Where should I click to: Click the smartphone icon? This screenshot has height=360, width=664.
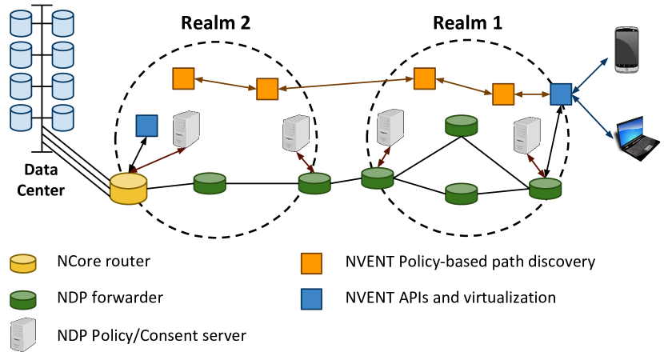tap(626, 50)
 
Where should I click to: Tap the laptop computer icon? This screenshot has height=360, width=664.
tap(635, 138)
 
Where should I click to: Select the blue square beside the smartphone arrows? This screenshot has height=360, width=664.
tap(561, 94)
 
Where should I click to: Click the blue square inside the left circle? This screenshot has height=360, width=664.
tap(146, 126)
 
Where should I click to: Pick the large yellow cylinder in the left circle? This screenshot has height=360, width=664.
tap(128, 189)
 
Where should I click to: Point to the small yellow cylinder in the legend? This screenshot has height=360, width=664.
tap(23, 263)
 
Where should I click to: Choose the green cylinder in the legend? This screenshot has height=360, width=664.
tap(23, 300)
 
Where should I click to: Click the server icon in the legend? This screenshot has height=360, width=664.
tap(23, 334)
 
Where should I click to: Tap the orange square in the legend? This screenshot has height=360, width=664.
tap(311, 263)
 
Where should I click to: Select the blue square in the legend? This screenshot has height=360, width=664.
tap(311, 299)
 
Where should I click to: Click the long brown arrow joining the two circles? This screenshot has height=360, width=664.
tap(346, 83)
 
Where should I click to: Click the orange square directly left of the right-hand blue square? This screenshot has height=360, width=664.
tap(503, 94)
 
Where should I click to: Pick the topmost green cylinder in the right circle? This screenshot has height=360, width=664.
tap(462, 125)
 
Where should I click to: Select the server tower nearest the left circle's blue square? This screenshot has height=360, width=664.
tap(186, 129)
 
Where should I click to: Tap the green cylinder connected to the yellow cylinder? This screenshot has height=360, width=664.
tap(210, 183)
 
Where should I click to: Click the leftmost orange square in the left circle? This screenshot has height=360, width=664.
tap(183, 78)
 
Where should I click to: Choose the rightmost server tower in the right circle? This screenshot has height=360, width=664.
tap(526, 135)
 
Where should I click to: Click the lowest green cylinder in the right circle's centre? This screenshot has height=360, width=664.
tap(462, 194)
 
